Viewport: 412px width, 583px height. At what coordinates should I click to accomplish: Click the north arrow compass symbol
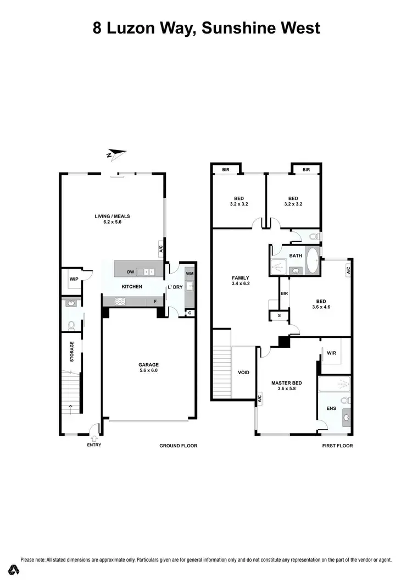(116, 154)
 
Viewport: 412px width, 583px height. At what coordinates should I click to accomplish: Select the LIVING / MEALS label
(112, 216)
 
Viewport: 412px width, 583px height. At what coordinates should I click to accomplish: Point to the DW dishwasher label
(130, 271)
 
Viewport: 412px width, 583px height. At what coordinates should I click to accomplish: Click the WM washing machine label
(190, 274)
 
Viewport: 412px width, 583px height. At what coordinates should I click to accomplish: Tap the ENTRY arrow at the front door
(93, 438)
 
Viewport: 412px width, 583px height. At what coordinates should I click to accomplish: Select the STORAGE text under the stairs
(72, 352)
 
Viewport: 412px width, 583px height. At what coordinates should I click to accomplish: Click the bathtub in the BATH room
(312, 262)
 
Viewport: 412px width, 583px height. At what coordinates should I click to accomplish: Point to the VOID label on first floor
(243, 373)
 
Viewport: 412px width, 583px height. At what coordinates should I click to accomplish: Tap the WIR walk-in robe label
(331, 353)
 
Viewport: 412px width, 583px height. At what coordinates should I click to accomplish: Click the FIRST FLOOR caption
(337, 446)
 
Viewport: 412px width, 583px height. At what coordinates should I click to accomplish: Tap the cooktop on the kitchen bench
(120, 301)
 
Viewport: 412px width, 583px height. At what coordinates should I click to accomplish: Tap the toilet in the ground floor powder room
(70, 325)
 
